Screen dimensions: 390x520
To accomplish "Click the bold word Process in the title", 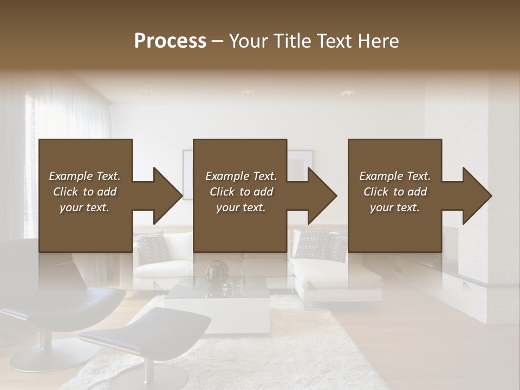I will (x=170, y=41).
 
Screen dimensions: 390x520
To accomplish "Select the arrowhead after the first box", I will (x=166, y=196).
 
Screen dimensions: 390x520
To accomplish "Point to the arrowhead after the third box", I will (x=475, y=196).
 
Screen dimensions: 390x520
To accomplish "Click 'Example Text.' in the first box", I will (x=84, y=176).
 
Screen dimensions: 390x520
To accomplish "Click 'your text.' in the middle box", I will (x=240, y=207).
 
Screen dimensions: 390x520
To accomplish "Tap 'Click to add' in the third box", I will (x=395, y=192).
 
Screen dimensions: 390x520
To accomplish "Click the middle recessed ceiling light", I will (x=248, y=93).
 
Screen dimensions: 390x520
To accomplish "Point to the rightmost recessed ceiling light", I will (x=347, y=93).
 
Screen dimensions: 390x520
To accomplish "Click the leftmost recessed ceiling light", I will (x=147, y=93).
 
